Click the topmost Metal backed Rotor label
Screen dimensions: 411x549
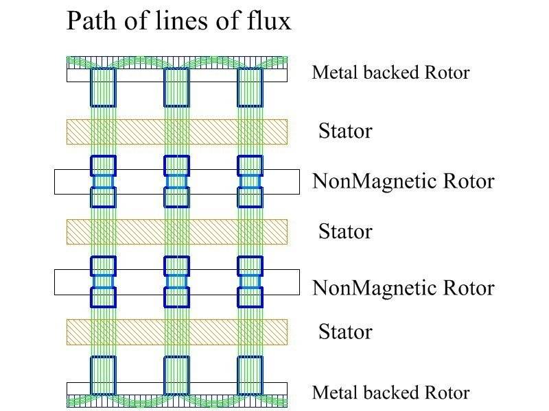pyautogui.click(x=390, y=73)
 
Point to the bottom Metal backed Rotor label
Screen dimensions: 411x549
pyautogui.click(x=390, y=393)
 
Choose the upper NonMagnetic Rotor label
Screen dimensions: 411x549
pyautogui.click(x=403, y=182)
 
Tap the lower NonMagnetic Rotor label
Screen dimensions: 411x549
pyautogui.click(x=403, y=288)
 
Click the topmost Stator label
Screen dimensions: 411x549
pyautogui.click(x=344, y=131)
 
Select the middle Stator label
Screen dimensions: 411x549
pyautogui.click(x=344, y=232)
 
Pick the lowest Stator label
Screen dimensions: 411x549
pyautogui.click(x=344, y=332)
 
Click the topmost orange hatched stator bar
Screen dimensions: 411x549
pyautogui.click(x=176, y=132)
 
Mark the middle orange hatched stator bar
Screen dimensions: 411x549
pyautogui.click(x=176, y=232)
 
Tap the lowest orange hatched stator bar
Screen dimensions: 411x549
pyautogui.click(x=176, y=332)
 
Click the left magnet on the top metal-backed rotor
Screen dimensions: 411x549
pyautogui.click(x=104, y=88)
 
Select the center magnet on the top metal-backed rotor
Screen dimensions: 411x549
pyautogui.click(x=176, y=88)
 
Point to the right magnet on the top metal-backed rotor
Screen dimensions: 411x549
pyautogui.click(x=250, y=88)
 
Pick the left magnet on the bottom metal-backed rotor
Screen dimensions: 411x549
pyautogui.click(x=104, y=375)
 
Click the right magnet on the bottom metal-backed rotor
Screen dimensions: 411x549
pyautogui.click(x=250, y=375)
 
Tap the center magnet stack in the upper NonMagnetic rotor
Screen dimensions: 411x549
pyautogui.click(x=176, y=182)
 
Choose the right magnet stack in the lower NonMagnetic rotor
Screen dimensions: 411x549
pyautogui.click(x=250, y=282)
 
